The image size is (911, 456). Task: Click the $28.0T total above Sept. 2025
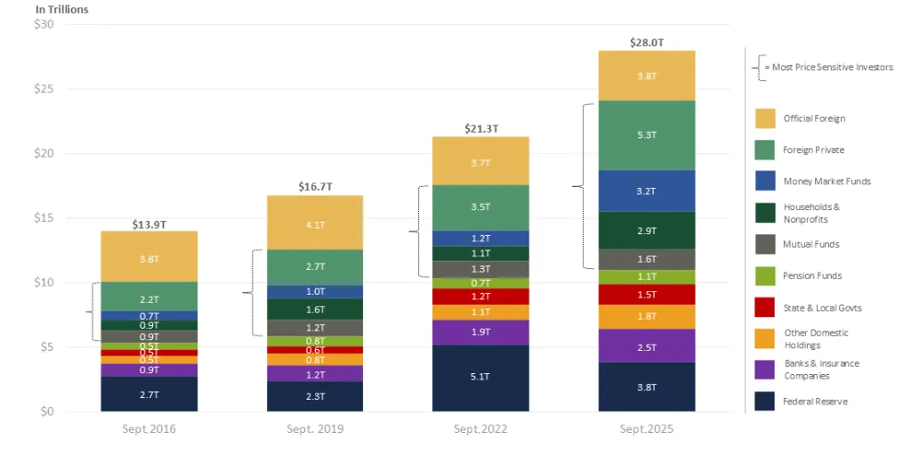[647, 42]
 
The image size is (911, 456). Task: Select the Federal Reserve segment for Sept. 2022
[480, 378]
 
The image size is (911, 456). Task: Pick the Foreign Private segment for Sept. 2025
[647, 134]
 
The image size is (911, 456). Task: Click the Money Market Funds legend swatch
[764, 181]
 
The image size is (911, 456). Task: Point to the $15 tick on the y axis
[43, 218]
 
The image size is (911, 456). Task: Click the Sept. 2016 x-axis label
[149, 428]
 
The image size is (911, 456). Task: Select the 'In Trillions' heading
[61, 10]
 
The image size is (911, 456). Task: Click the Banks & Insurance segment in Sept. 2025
[647, 346]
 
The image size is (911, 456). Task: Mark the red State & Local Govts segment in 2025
[647, 294]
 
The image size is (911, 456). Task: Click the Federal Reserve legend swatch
[764, 401]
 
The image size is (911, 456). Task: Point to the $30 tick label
[43, 24]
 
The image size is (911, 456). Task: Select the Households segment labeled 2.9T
[647, 231]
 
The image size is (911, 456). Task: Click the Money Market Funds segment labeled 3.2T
[647, 191]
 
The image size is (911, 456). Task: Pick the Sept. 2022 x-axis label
[480, 428]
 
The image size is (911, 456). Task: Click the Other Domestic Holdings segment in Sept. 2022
[480, 312]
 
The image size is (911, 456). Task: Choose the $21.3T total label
[480, 128]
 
